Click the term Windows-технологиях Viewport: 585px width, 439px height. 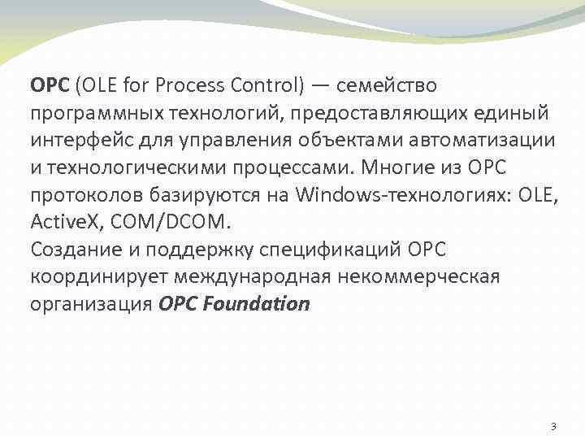[395, 195]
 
